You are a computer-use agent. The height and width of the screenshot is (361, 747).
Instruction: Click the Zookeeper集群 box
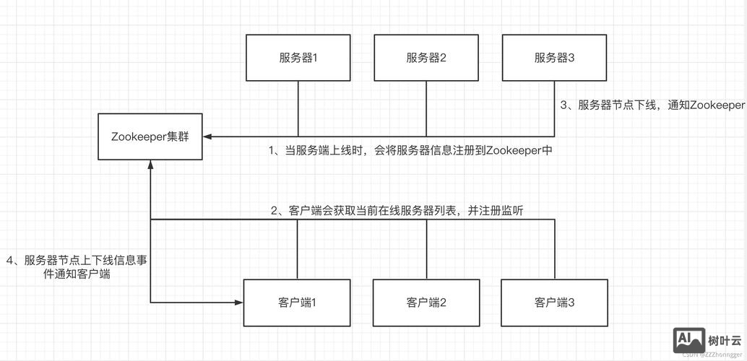coord(150,136)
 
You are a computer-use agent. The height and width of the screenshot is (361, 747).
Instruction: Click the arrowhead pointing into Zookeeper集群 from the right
coord(207,136)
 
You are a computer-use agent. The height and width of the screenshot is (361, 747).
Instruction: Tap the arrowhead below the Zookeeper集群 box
coord(150,165)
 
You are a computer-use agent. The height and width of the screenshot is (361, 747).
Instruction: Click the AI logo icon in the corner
coord(688,339)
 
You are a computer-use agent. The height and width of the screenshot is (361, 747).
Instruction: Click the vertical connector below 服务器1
coord(298,108)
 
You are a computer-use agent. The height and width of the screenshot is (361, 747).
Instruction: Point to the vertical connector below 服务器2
coord(426,108)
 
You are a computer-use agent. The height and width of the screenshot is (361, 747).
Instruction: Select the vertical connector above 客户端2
coord(426,249)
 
